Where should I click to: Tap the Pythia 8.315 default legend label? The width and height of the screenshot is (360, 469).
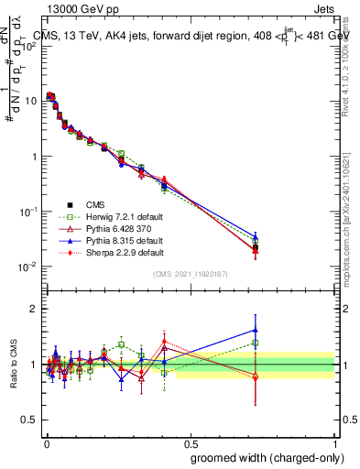[116, 238]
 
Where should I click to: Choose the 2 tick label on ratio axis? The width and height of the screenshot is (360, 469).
[34, 309]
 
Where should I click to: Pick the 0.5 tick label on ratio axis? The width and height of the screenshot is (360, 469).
[30, 420]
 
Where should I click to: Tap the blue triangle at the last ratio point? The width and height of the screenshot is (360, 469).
[256, 330]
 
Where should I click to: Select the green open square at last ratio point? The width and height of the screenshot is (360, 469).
[256, 344]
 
